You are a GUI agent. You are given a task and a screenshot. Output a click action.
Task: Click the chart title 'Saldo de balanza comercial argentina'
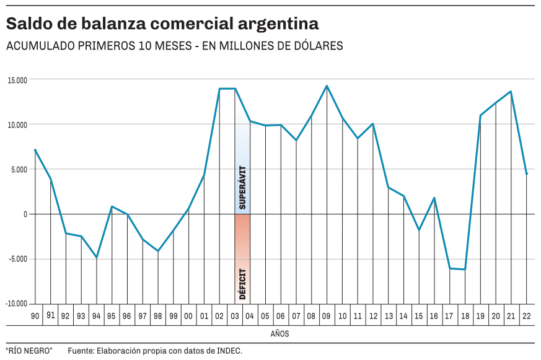pos(162,24)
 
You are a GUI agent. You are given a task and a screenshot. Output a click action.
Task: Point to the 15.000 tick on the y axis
pos(17,80)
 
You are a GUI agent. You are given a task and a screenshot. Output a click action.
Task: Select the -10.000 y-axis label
pos(17,304)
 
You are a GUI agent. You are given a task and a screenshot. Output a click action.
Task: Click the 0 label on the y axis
pos(25,214)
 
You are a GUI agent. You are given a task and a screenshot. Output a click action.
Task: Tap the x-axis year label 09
pos(327,316)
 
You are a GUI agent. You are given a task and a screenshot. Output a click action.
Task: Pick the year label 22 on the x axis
pos(526,316)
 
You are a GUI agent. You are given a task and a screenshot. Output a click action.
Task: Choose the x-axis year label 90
pos(35,316)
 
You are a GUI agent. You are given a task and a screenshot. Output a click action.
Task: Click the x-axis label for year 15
pos(418,316)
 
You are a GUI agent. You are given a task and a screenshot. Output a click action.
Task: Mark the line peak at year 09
pos(327,86)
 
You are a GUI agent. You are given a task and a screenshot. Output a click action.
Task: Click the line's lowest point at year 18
pos(465,270)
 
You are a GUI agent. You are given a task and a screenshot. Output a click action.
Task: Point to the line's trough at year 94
pos(96,257)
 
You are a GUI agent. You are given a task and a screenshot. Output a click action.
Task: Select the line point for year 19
pos(480,115)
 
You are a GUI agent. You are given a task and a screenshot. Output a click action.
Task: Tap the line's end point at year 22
pos(526,174)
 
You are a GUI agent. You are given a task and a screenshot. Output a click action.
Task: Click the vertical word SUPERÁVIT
pos(242,187)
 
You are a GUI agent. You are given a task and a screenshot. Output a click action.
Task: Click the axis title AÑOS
pos(279,334)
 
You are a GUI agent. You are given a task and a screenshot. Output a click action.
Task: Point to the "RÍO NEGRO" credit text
pos(29,351)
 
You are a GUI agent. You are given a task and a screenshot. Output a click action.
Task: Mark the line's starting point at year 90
pos(35,150)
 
